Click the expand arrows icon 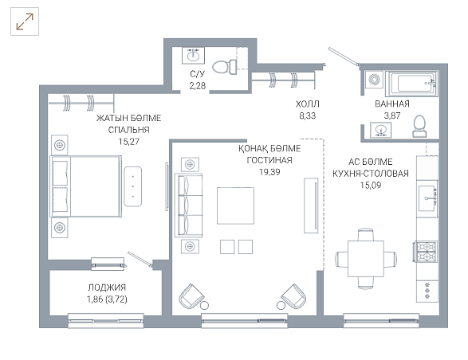(25, 22)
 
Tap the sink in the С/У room (194, 55)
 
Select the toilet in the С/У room (225, 67)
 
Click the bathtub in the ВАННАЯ (411, 83)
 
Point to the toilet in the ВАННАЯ (419, 126)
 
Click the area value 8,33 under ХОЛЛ (308, 115)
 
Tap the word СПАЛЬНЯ (128, 130)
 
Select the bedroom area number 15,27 (128, 142)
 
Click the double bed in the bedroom (86, 186)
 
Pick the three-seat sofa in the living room (189, 205)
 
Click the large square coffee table (235, 205)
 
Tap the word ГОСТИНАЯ (269, 160)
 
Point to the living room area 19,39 (269, 172)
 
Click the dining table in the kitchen (366, 259)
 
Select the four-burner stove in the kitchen (427, 251)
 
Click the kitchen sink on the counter (427, 198)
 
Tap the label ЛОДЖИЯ (107, 288)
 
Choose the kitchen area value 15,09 (371, 186)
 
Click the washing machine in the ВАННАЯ (374, 80)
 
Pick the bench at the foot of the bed (133, 186)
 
